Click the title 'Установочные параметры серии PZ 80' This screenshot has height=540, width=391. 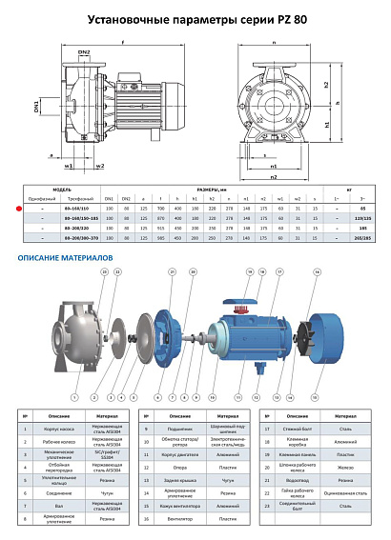(x=195, y=18)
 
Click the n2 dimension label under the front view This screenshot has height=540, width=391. (x=273, y=176)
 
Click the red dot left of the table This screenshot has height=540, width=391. (x=9, y=206)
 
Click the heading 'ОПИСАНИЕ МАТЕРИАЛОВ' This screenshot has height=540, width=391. (x=65, y=258)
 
